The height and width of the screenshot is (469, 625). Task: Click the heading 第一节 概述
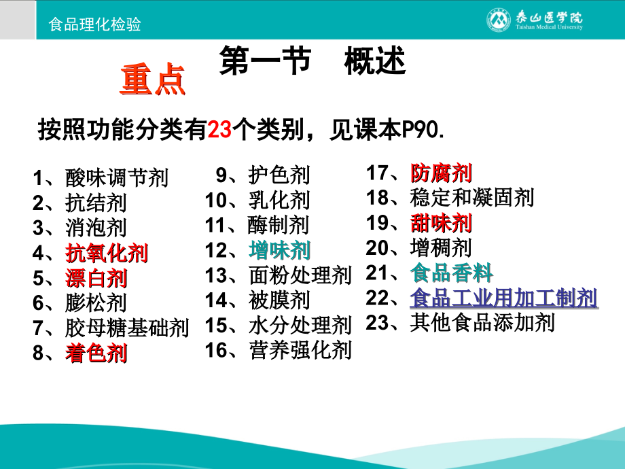click(x=312, y=62)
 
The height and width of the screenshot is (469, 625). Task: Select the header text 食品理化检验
click(x=95, y=24)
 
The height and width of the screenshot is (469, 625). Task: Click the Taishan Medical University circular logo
click(x=498, y=20)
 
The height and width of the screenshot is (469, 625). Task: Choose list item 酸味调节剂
click(x=117, y=178)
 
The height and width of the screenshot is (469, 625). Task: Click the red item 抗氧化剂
click(x=107, y=254)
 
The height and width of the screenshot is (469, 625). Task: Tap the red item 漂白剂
click(x=96, y=278)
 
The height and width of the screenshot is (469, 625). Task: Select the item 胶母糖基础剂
click(x=127, y=328)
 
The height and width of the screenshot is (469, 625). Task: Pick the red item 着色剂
click(x=96, y=353)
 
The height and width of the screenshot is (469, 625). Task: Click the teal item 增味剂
click(x=280, y=251)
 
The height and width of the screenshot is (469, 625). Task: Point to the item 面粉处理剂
click(x=300, y=275)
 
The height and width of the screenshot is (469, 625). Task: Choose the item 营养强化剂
click(x=300, y=350)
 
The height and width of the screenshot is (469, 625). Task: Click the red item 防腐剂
click(x=442, y=173)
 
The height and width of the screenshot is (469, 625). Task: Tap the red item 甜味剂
click(x=442, y=223)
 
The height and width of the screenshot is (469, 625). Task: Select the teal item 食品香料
click(x=452, y=273)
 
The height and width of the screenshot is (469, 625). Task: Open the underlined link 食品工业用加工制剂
click(x=503, y=298)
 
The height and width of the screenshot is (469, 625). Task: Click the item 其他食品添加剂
click(x=482, y=322)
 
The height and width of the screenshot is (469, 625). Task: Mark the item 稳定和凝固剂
click(x=472, y=198)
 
